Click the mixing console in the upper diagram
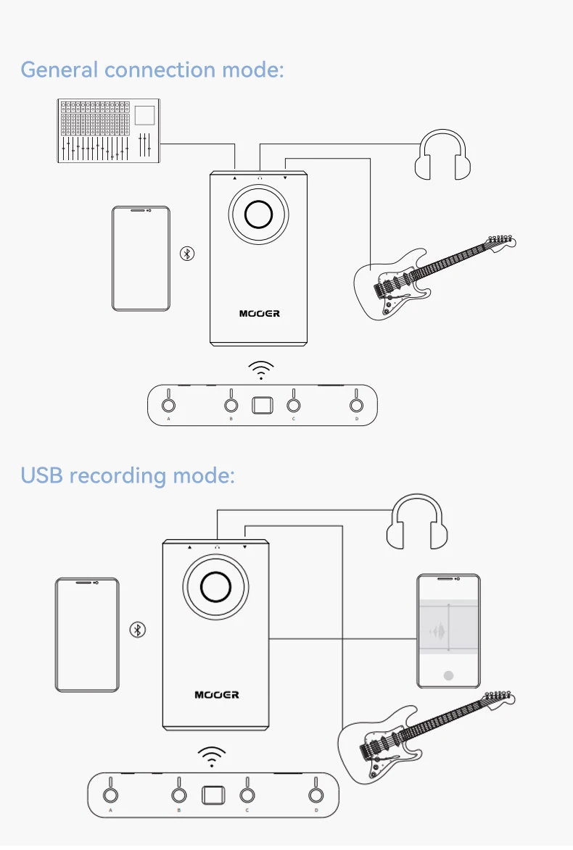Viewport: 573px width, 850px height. [109, 130]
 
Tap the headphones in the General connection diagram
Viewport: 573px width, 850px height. [442, 155]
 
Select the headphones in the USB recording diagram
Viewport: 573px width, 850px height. [416, 523]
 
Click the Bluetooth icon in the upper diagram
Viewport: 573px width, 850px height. [187, 254]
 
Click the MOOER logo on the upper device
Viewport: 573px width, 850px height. [259, 314]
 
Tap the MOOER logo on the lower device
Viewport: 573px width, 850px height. [216, 695]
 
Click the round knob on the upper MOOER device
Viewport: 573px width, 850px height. [258, 214]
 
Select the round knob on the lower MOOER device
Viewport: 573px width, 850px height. [215, 586]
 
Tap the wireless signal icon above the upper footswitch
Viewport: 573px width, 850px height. [261, 370]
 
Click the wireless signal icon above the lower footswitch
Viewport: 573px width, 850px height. [211, 757]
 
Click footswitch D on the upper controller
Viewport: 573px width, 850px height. [356, 405]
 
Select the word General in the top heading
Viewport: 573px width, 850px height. [59, 70]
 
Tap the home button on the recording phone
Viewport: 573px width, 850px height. [448, 675]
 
